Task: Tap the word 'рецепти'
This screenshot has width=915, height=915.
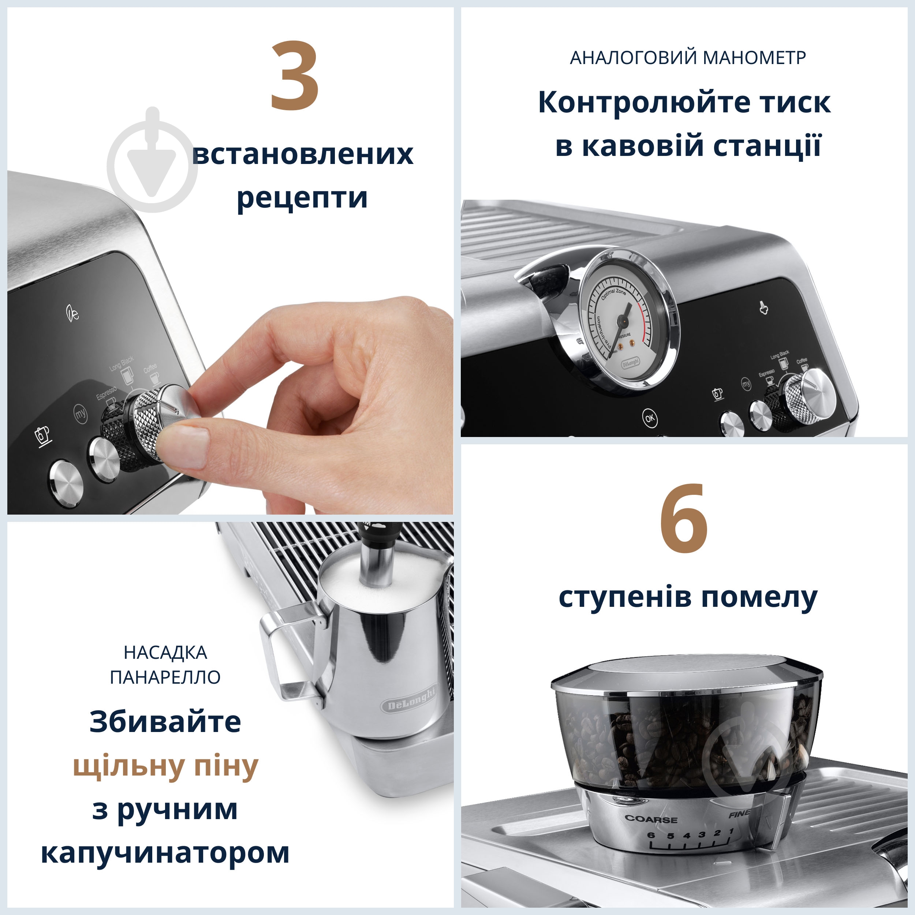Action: tap(302, 198)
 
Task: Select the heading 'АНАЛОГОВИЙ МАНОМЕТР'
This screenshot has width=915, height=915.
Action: tap(688, 58)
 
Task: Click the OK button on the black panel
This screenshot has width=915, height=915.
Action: tap(650, 418)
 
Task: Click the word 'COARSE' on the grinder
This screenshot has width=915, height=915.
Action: tap(651, 819)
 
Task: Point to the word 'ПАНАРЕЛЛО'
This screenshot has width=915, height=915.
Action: tap(165, 677)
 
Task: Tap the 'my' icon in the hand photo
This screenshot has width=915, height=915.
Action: tap(81, 414)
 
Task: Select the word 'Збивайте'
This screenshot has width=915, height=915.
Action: tap(165, 722)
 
